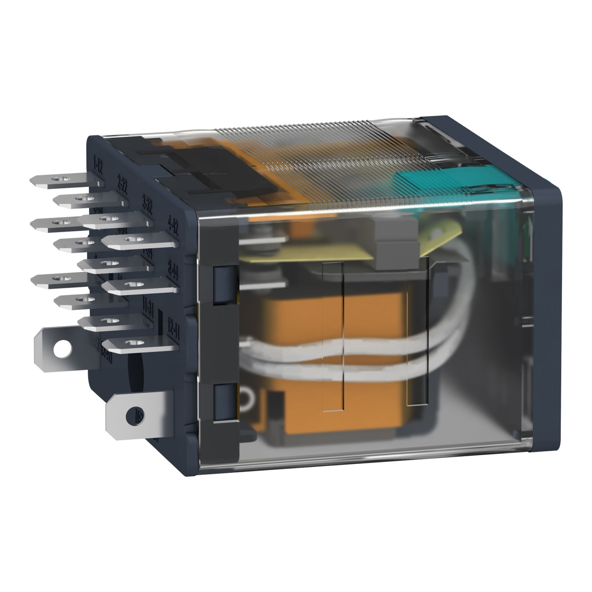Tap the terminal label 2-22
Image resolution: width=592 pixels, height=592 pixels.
(122, 184)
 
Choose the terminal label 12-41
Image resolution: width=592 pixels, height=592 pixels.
(172, 328)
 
